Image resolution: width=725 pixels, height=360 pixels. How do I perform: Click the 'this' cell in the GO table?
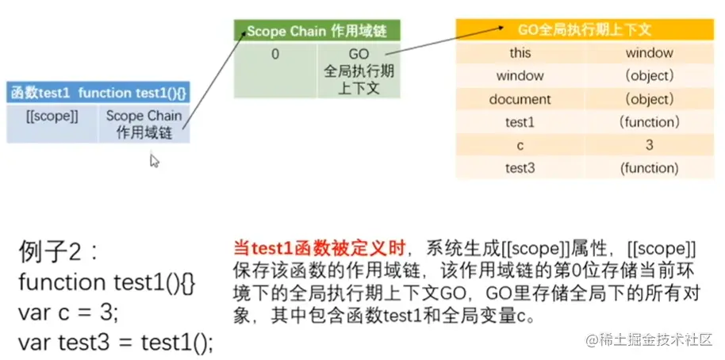click(520, 53)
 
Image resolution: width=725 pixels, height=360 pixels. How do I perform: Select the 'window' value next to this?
click(649, 53)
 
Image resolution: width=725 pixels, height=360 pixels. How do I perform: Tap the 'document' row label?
click(520, 99)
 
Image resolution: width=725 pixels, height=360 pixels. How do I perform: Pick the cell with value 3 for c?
click(649, 145)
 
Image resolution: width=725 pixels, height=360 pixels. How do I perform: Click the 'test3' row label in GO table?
click(520, 168)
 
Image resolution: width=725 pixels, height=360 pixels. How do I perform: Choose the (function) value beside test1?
click(649, 122)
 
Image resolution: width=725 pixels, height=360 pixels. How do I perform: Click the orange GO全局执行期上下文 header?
click(585, 29)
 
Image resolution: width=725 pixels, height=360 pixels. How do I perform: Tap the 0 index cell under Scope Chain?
click(275, 55)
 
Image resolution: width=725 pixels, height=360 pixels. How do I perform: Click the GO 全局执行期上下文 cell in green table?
click(359, 70)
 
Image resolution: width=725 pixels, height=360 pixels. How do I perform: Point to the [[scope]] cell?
click(52, 116)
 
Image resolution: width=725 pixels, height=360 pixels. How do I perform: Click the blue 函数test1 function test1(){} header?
click(98, 92)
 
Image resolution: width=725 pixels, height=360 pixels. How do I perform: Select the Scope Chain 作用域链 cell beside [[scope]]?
click(144, 124)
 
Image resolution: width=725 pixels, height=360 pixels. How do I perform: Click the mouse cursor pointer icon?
click(154, 160)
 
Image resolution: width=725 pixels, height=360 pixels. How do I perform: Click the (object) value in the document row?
click(649, 99)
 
